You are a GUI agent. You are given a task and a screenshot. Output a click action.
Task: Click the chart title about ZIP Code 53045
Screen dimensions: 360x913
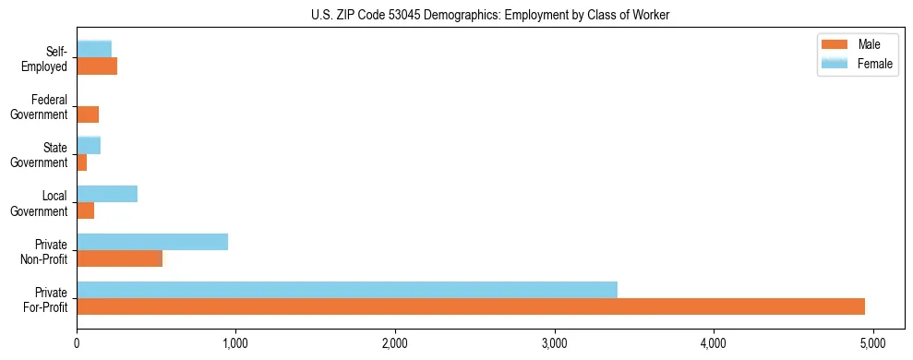[x=456, y=14]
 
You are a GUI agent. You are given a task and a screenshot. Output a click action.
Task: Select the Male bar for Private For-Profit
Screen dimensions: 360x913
[x=471, y=306]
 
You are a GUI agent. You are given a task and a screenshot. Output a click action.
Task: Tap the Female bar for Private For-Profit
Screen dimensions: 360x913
[x=347, y=290]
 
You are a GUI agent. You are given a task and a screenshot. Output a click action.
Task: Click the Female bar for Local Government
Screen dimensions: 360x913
[x=107, y=194]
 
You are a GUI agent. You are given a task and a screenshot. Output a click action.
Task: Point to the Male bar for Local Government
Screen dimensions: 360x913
[x=85, y=210]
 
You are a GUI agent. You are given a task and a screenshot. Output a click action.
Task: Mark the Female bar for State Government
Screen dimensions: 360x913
[x=89, y=145]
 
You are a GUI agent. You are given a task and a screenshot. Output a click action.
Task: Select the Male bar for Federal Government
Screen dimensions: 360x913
[x=88, y=114]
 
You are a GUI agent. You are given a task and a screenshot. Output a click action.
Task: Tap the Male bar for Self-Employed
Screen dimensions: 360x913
[x=97, y=66]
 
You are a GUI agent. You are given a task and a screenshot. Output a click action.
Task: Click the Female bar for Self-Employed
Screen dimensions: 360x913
[x=94, y=49]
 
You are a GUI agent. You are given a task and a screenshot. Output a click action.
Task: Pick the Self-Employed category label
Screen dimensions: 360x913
[x=46, y=58]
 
